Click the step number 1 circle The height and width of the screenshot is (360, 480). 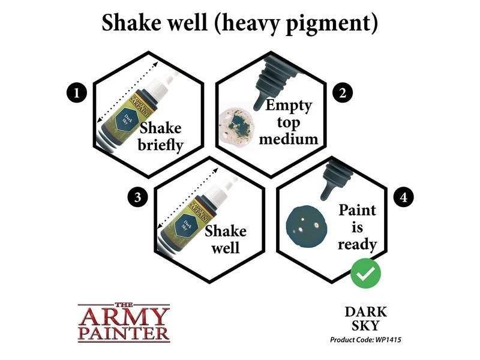coord(77,93)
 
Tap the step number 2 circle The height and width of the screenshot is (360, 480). coord(342,93)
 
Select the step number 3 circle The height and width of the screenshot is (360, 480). coord(138,197)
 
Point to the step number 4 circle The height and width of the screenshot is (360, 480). coord(404,197)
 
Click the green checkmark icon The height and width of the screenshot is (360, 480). coord(365,273)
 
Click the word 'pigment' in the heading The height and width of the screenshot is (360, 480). coord(328,24)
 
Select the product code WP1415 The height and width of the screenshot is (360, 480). coord(388,340)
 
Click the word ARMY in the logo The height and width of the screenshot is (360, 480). coord(124,317)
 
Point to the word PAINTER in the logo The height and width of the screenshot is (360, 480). coord(124,334)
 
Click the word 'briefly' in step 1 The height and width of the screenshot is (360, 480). coord(160,145)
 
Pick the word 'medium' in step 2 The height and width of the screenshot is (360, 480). coord(289,139)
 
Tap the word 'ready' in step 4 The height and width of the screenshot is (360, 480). coord(357,245)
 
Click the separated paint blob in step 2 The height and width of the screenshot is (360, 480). coord(236,123)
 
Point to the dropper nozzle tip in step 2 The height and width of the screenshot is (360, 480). coord(257,107)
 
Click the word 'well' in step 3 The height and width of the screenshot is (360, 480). coord(226,248)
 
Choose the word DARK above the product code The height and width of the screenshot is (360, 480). coord(366,312)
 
